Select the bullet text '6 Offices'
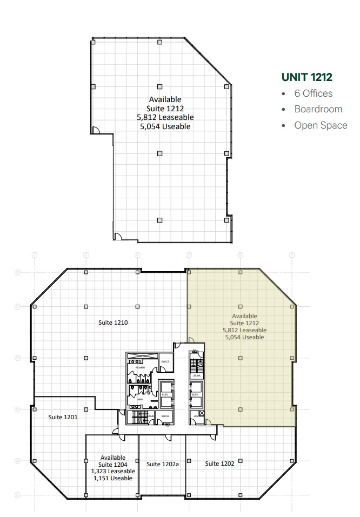(x=313, y=93)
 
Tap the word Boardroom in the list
(x=318, y=109)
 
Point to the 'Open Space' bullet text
(x=321, y=125)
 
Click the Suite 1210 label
(x=112, y=323)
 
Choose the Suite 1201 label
(x=63, y=417)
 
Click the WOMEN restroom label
(x=140, y=367)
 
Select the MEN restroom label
(x=139, y=399)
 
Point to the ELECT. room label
(x=165, y=361)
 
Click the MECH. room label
(x=165, y=416)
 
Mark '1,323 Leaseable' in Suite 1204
(x=113, y=471)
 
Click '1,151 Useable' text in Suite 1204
(x=112, y=478)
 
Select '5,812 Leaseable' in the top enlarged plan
(x=165, y=117)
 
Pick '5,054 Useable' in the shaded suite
(x=244, y=337)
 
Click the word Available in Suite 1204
(x=112, y=457)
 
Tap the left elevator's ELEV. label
(x=165, y=395)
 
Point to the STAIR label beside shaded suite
(x=195, y=375)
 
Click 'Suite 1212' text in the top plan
(x=165, y=108)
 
